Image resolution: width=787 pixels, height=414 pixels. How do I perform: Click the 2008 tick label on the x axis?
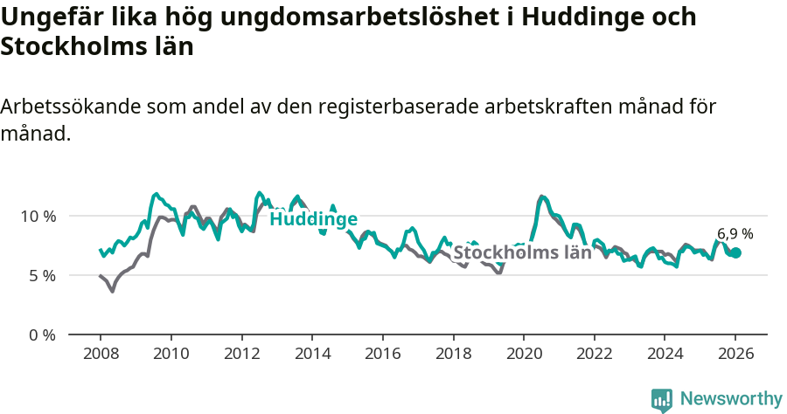point(100,355)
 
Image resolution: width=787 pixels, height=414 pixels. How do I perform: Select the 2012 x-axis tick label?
point(241,355)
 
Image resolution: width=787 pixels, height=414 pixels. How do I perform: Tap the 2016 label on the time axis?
point(382,355)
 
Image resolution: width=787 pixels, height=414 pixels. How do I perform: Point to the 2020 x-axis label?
point(524,355)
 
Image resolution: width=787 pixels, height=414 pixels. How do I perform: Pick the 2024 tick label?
point(665,355)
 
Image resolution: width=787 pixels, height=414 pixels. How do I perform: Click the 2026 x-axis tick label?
point(735,355)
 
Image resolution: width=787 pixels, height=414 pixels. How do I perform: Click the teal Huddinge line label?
point(313,219)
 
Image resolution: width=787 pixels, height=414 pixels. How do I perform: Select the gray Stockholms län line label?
point(522,253)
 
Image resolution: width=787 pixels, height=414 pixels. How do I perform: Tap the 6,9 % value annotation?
point(735,234)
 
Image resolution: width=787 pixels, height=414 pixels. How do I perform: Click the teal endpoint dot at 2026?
point(735,252)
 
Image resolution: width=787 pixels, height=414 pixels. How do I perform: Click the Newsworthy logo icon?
point(662,400)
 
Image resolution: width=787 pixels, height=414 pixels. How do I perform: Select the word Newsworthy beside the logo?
point(731,399)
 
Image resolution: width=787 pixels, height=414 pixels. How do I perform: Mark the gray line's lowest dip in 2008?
point(112,291)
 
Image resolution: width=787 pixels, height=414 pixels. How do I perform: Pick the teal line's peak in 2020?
point(542,197)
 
